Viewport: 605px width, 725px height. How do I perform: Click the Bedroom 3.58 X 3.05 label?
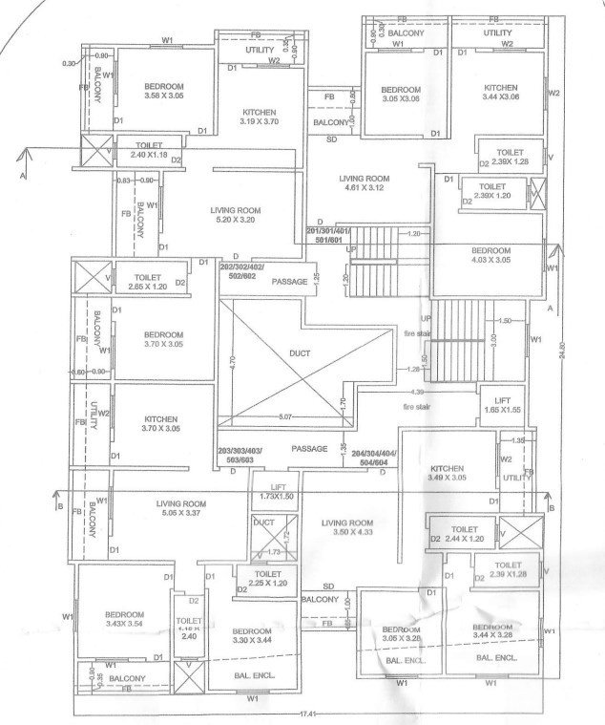164,91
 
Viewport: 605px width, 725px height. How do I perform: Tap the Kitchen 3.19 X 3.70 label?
259,117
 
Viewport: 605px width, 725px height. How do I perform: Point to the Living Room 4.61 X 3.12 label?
365,183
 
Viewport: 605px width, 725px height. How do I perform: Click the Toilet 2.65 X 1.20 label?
144,281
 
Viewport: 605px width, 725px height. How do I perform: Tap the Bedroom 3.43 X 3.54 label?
124,618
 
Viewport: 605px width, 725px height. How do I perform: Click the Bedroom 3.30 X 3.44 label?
253,635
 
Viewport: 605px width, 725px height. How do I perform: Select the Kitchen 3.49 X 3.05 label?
447,474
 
